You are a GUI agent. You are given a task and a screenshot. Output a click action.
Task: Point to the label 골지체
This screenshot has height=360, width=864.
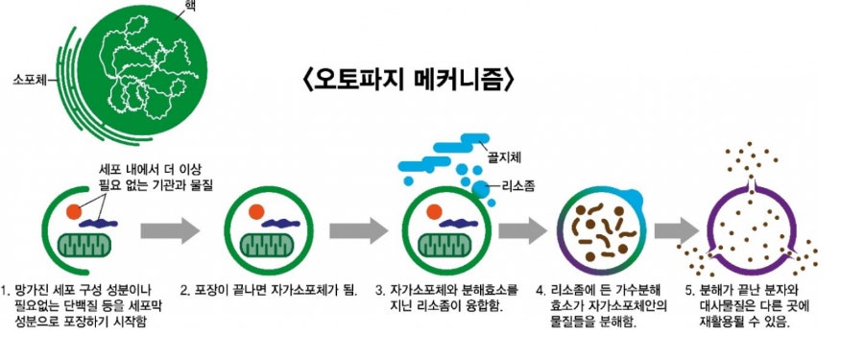point(504,154)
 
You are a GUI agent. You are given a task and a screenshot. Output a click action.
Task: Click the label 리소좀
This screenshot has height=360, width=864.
point(517,184)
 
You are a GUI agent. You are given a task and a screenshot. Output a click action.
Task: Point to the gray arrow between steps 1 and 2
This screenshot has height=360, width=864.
point(170,230)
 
